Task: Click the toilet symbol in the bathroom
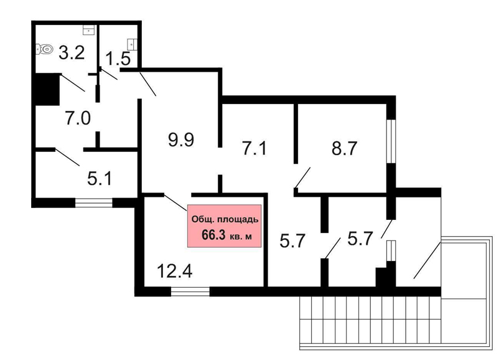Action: coord(44,49)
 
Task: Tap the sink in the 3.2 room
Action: coord(88,30)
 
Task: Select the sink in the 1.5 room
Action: coord(133,44)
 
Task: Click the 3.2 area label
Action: coord(72,53)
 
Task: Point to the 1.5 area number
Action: coord(118,59)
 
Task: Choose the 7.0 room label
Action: coord(78,118)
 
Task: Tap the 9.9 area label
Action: coord(181,140)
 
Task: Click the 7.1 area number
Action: coord(254,149)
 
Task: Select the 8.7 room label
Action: coord(344,148)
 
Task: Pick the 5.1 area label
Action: coord(100,179)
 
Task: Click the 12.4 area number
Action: coord(175,271)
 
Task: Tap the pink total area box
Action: coord(225,226)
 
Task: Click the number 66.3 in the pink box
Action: coord(214,235)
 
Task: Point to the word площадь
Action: coord(238,220)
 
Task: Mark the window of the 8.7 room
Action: coord(391,141)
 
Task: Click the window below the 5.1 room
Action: coord(94,203)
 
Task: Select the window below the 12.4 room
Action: coord(190,291)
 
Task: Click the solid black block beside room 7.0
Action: coord(47,89)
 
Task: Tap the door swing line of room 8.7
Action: coord(303,178)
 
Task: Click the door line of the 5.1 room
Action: coord(67,158)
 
